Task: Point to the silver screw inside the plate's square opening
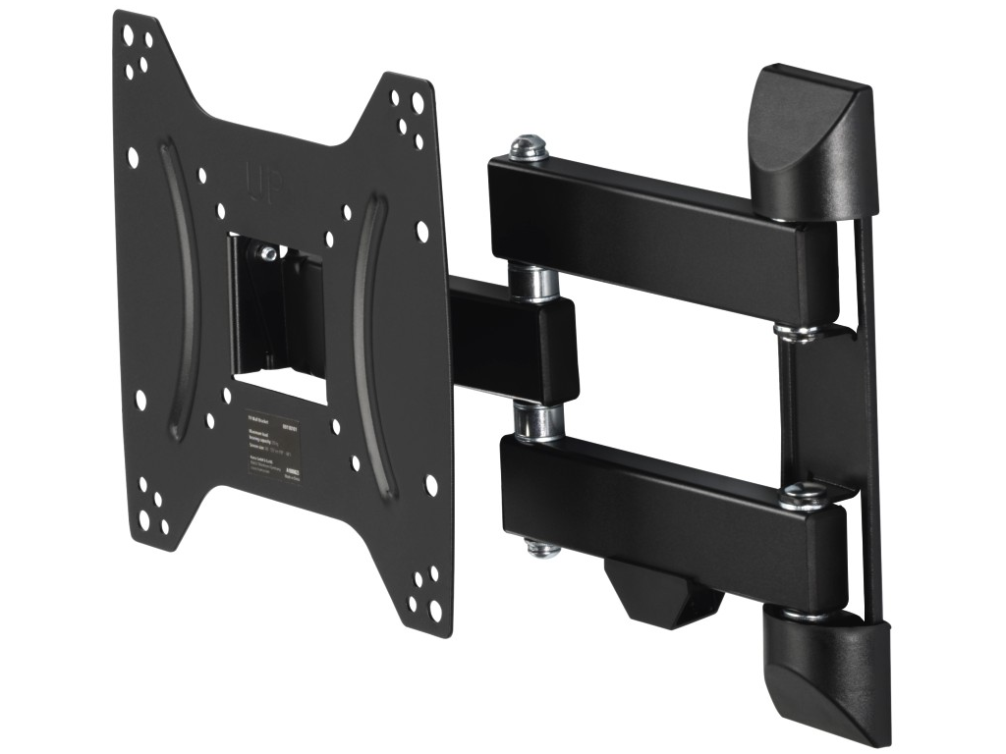pos(266,252)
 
